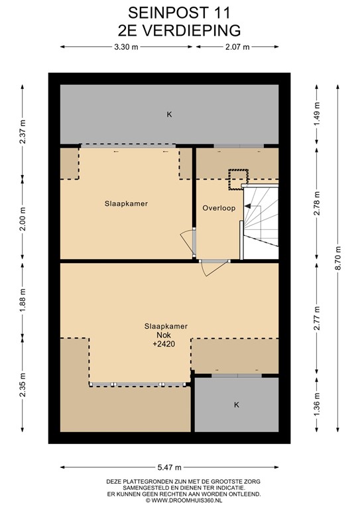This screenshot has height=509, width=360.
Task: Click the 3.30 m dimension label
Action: tap(126, 47)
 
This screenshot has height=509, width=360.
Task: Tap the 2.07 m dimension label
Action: tap(237, 47)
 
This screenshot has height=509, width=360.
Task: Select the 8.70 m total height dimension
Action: tap(339, 258)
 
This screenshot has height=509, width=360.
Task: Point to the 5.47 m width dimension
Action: tap(170, 467)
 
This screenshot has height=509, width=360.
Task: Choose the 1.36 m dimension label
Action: tap(317, 404)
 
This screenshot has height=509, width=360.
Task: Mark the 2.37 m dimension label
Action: tap(23, 132)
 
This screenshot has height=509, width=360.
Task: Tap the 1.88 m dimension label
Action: tap(23, 300)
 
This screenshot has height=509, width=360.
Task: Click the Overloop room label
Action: tap(219, 208)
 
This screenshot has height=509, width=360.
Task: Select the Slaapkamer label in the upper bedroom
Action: tap(126, 203)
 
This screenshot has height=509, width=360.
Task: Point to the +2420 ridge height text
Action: tap(164, 344)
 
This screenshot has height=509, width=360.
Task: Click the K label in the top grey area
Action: tap(169, 114)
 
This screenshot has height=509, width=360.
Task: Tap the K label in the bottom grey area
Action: tap(237, 405)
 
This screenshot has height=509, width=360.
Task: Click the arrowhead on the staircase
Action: tap(248, 206)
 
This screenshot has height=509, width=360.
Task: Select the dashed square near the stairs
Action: tap(238, 180)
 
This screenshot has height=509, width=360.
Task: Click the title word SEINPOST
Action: tap(163, 13)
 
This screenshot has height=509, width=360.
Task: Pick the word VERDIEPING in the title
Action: tap(192, 30)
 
